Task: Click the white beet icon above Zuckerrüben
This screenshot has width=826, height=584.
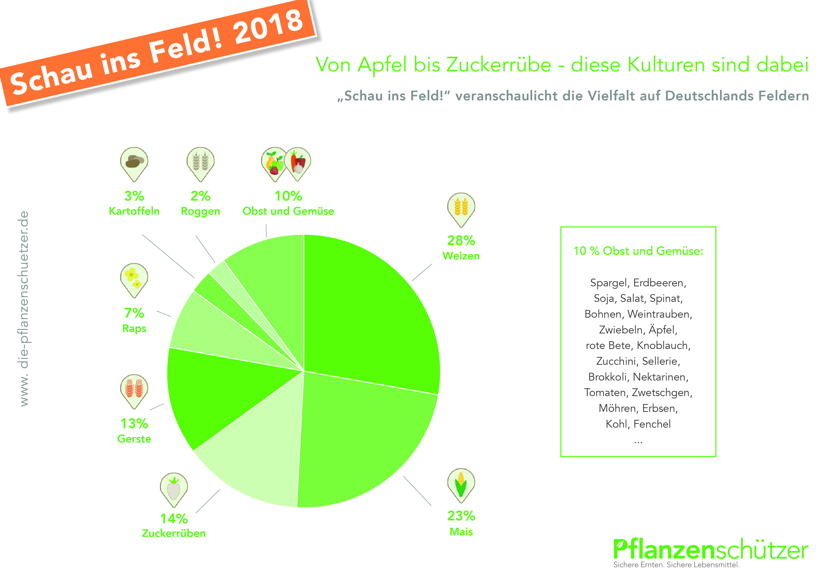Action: [174, 488]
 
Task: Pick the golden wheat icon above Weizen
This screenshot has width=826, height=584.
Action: [461, 208]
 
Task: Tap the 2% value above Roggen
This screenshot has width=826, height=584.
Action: [200, 196]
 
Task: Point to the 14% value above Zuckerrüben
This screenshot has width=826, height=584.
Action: [174, 519]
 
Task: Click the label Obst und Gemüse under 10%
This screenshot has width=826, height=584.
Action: [288, 211]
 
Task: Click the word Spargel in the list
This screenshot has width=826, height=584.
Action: [609, 283]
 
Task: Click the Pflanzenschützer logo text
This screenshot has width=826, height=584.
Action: [711, 550]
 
